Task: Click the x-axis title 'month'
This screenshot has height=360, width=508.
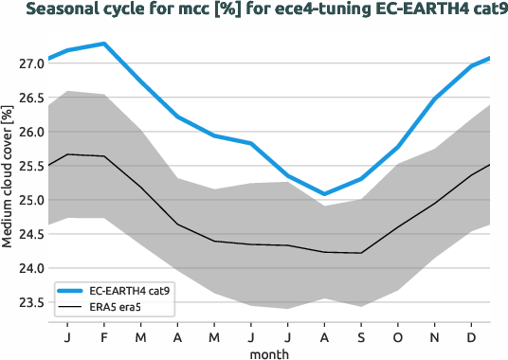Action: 269,353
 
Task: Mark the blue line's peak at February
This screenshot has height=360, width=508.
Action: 103,44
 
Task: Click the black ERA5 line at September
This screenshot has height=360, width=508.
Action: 361,253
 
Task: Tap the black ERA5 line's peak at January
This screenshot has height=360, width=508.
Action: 67,154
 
